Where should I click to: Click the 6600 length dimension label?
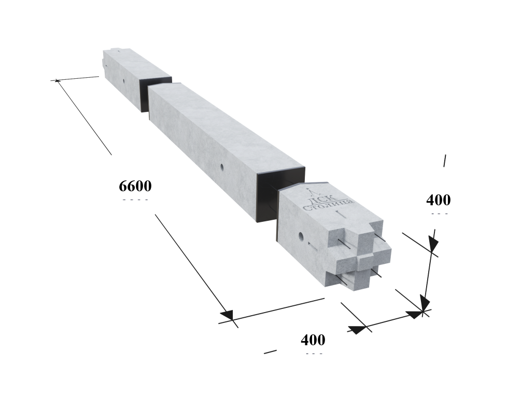[135, 186]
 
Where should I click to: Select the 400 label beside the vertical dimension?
[438, 200]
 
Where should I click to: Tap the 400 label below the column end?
[313, 340]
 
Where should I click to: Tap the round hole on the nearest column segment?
[301, 236]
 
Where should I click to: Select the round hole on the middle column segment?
[222, 167]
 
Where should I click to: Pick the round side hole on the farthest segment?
[123, 80]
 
